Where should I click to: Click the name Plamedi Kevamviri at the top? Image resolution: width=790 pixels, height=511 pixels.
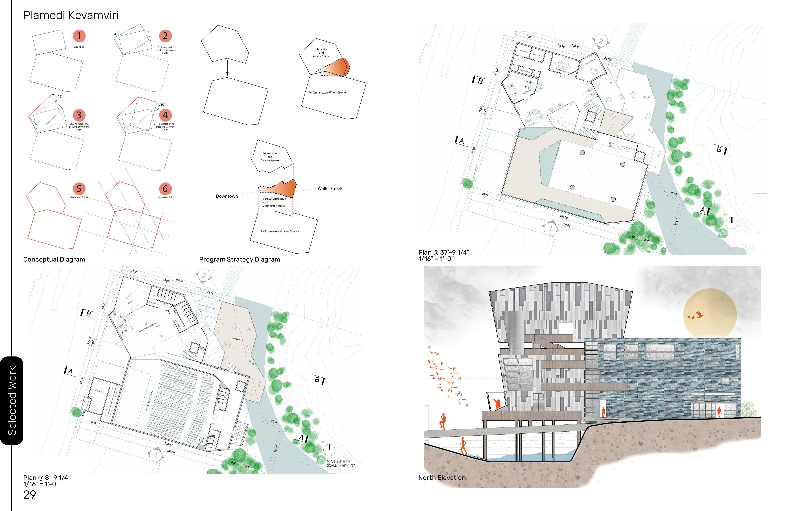pyautogui.click(x=71, y=15)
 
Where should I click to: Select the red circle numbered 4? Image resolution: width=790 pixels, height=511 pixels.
pyautogui.click(x=165, y=115)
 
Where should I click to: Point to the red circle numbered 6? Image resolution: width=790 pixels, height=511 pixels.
pyautogui.click(x=165, y=188)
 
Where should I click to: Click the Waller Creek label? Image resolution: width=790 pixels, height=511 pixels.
pyautogui.click(x=330, y=188)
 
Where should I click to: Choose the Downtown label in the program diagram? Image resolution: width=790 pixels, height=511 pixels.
pyautogui.click(x=227, y=196)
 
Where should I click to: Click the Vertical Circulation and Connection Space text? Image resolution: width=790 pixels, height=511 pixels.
pyautogui.click(x=274, y=202)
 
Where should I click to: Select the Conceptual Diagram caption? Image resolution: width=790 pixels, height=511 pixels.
pyautogui.click(x=54, y=260)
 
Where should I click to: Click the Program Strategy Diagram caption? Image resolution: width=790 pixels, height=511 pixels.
pyautogui.click(x=239, y=260)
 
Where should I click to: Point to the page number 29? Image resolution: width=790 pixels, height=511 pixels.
pyautogui.click(x=30, y=495)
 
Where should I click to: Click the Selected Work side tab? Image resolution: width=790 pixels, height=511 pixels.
pyautogui.click(x=12, y=400)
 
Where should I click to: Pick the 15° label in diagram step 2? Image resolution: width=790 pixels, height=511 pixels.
pyautogui.click(x=117, y=32)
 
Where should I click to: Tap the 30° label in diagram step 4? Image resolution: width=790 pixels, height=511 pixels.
pyautogui.click(x=163, y=105)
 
